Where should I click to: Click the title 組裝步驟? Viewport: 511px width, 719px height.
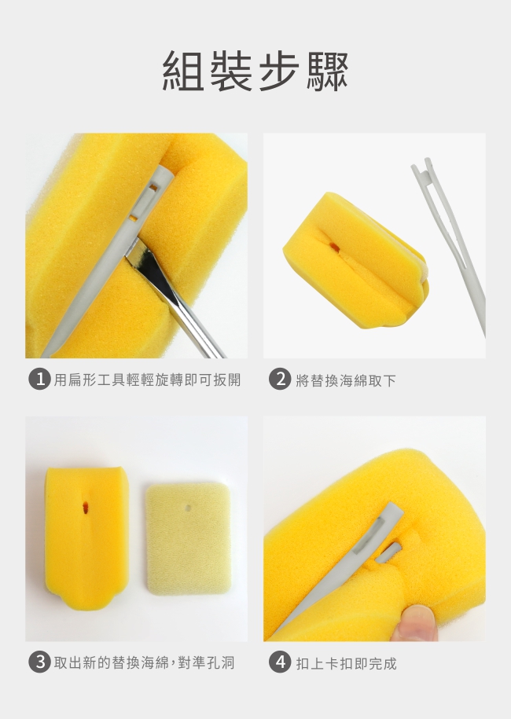coord(256,71)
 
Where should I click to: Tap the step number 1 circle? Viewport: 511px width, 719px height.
coord(39,380)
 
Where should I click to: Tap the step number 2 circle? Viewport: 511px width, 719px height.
coord(279,380)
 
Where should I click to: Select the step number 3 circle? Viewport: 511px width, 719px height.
coord(39,662)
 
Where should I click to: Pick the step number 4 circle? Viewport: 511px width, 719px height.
coord(279,662)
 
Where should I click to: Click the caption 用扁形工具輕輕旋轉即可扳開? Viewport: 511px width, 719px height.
coord(147,380)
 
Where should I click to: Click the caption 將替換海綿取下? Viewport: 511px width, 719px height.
coord(345,380)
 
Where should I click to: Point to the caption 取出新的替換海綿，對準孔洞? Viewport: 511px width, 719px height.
coord(144,662)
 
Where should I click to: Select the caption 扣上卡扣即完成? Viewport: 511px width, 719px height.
coord(346,663)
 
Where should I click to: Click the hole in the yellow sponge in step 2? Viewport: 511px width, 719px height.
coord(334,248)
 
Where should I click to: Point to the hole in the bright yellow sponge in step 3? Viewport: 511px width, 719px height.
coord(86,507)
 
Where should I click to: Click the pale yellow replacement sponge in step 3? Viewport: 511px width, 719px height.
coord(188,539)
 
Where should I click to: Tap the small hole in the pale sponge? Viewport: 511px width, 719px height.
coord(188,508)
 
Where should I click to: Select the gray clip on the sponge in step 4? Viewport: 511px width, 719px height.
coord(340,569)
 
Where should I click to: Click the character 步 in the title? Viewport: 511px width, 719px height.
coord(278,71)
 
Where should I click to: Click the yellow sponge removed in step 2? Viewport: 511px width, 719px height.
coord(355,260)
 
